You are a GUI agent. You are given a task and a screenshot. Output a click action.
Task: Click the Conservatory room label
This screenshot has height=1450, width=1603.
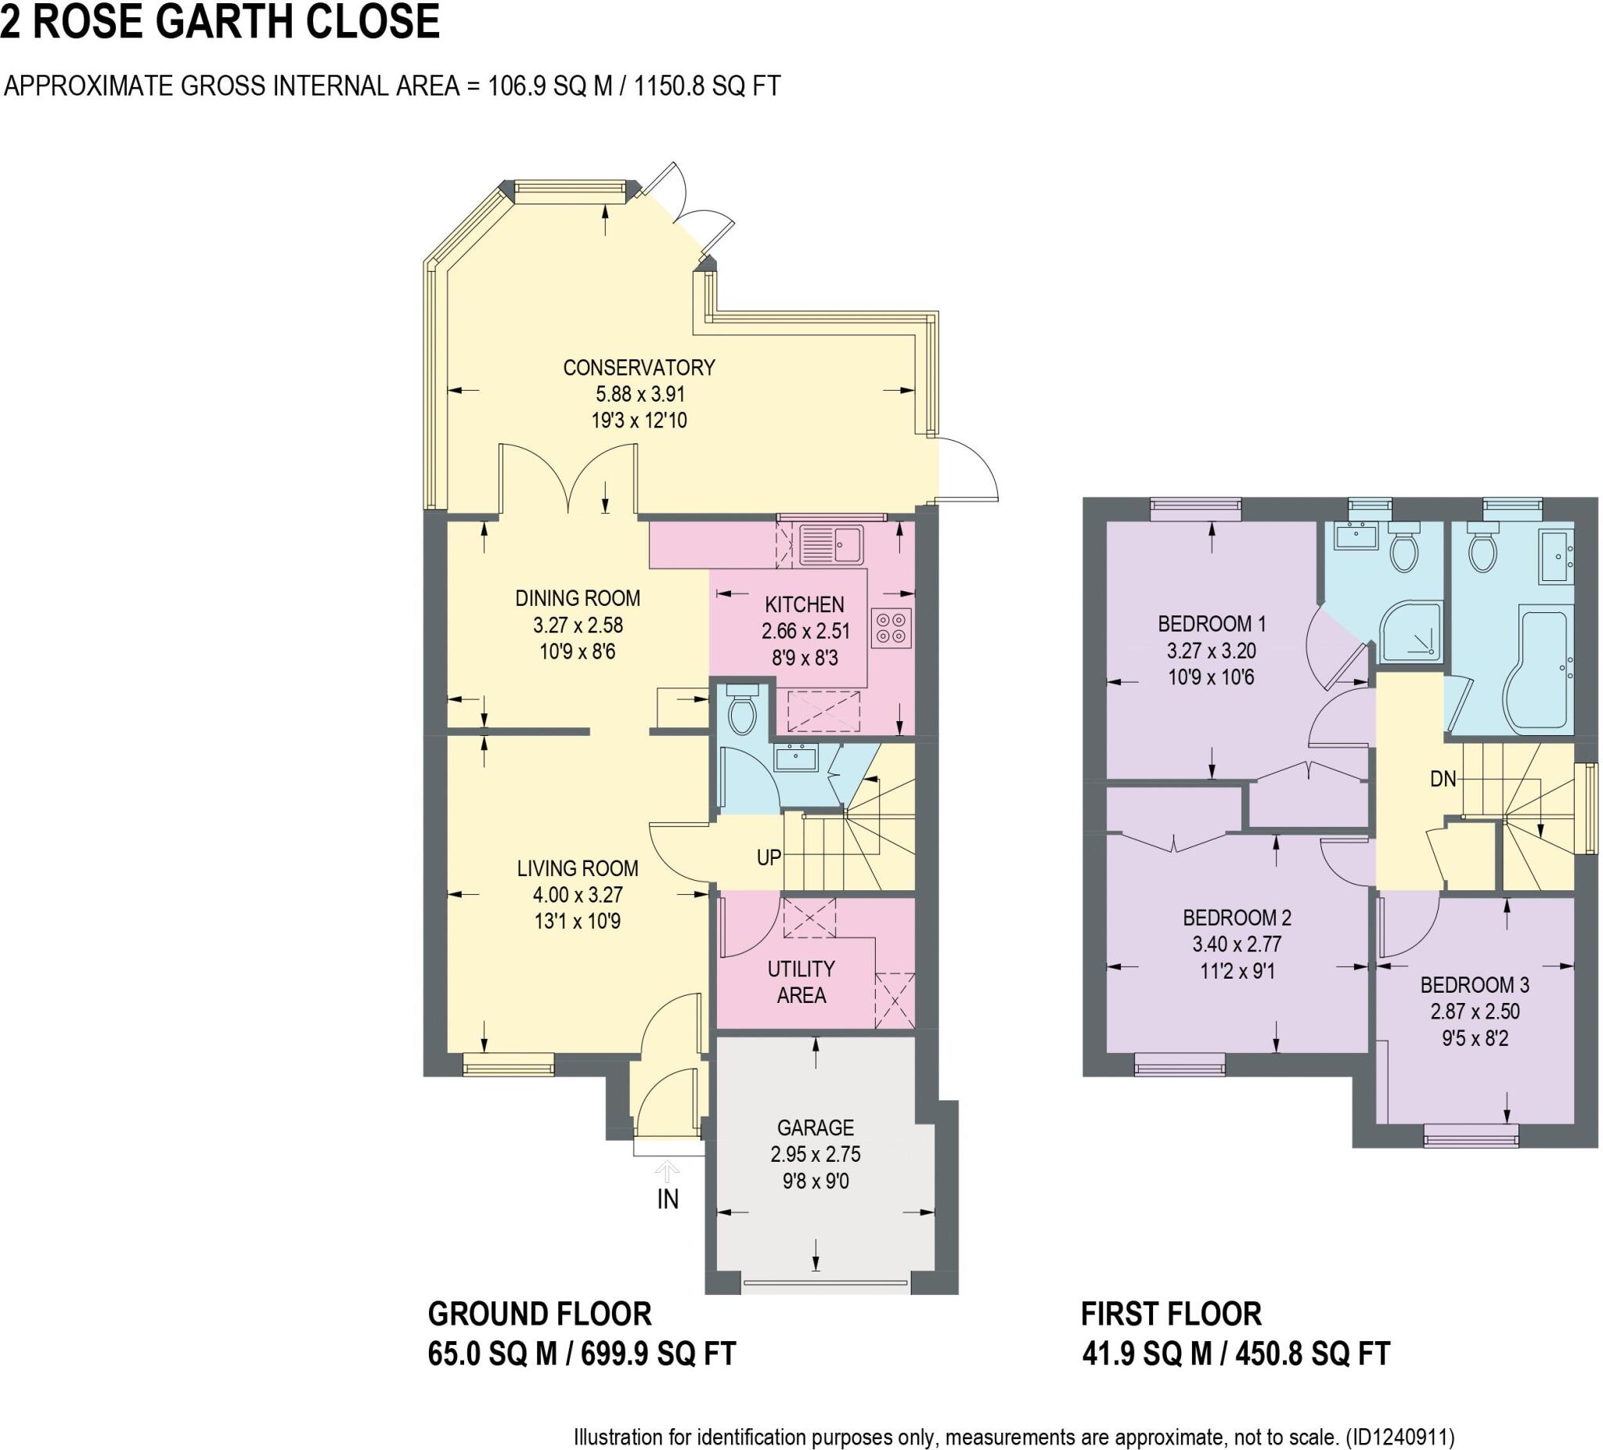click(639, 367)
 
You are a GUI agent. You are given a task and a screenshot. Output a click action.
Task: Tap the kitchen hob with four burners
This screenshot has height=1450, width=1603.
click(890, 629)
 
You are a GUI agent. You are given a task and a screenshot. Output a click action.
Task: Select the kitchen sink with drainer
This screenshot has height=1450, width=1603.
click(831, 545)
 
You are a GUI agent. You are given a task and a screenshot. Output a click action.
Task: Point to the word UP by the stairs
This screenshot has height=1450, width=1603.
click(768, 857)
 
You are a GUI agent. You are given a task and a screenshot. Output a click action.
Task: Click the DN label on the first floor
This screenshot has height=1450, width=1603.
click(1443, 779)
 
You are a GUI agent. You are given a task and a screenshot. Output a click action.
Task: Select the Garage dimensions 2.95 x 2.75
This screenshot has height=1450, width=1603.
click(815, 1154)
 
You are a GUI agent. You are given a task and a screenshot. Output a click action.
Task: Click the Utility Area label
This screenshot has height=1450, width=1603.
click(801, 982)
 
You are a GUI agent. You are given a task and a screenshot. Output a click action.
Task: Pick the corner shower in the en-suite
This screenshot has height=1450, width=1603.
click(1410, 633)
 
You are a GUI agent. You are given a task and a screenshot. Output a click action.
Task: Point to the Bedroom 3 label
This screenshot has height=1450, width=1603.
click(1474, 985)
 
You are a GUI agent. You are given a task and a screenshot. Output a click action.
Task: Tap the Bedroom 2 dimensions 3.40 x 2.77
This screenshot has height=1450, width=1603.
click(1237, 944)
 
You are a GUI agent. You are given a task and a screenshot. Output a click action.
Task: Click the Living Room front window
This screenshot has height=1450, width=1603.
click(508, 1064)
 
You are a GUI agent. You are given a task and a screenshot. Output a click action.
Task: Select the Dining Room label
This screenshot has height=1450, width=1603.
click(578, 598)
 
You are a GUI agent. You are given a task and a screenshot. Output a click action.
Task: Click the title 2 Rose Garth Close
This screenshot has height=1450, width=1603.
click(220, 22)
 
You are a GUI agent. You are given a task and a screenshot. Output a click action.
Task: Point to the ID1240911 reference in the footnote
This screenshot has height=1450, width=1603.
click(1399, 1437)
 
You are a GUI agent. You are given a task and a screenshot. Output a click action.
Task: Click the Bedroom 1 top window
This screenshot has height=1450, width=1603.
click(1195, 509)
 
